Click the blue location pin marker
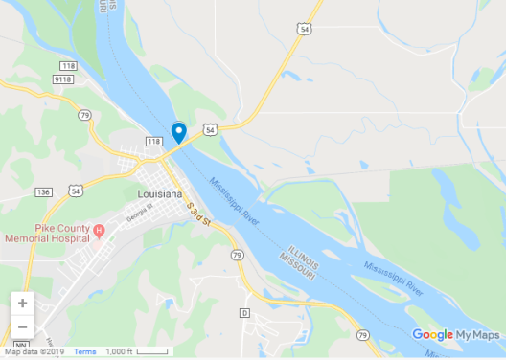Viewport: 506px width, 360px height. (178, 133)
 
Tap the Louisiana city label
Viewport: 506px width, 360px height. (159, 193)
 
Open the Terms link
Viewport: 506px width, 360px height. (85, 352)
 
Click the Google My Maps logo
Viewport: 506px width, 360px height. (456, 335)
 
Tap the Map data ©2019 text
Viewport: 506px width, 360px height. (35, 352)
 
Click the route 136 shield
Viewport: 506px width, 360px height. (43, 192)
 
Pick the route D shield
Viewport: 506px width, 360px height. (244, 312)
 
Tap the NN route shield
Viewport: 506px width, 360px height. (19, 344)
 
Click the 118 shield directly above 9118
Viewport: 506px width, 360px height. (68, 65)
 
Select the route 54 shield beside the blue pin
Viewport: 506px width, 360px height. (210, 127)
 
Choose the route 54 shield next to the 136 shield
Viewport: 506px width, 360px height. (75, 191)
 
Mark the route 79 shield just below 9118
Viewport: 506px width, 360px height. (84, 116)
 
